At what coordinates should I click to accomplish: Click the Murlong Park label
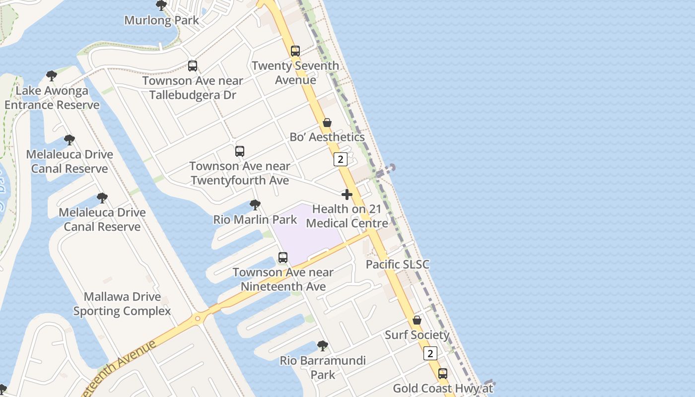pyautogui.click(x=161, y=20)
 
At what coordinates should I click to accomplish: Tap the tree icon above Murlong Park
pyautogui.click(x=161, y=5)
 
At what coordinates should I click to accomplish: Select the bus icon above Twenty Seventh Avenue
pyautogui.click(x=295, y=51)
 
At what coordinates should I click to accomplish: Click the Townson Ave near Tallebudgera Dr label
pyautogui.click(x=193, y=87)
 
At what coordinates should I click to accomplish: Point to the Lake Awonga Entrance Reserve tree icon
pyautogui.click(x=52, y=76)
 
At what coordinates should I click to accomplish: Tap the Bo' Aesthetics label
pyautogui.click(x=327, y=137)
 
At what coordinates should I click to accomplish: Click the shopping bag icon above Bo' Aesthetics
pyautogui.click(x=327, y=123)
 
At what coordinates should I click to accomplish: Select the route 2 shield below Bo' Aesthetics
pyautogui.click(x=340, y=159)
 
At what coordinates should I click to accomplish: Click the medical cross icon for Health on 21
pyautogui.click(x=347, y=195)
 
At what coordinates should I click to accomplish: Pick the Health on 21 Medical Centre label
pyautogui.click(x=347, y=216)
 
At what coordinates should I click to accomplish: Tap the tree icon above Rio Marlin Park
pyautogui.click(x=255, y=204)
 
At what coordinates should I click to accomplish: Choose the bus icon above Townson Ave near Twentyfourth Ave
pyautogui.click(x=240, y=151)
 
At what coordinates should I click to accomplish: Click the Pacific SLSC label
pyautogui.click(x=397, y=265)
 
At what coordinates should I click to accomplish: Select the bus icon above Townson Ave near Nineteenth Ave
pyautogui.click(x=283, y=258)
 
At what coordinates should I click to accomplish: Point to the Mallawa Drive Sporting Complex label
pyautogui.click(x=122, y=304)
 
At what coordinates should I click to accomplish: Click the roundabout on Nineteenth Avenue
pyautogui.click(x=198, y=318)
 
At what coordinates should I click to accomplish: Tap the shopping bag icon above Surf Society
pyautogui.click(x=417, y=320)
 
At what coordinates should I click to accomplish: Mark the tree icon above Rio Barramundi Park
pyautogui.click(x=323, y=345)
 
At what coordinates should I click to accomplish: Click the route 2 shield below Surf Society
pyautogui.click(x=430, y=353)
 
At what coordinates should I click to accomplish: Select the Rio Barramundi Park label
pyautogui.click(x=323, y=367)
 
